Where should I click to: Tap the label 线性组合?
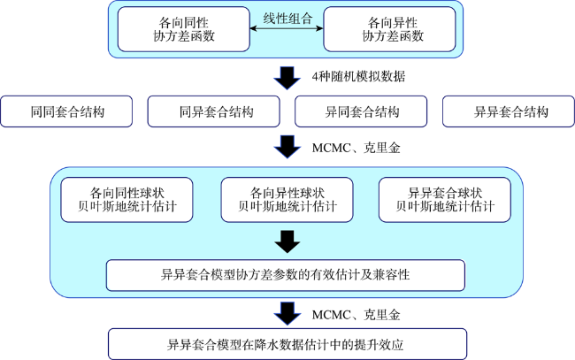pos(287,19)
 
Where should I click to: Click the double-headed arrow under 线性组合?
pos(287,32)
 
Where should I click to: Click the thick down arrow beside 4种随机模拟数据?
pos(287,77)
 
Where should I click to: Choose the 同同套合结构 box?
pos(66,112)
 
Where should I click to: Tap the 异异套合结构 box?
pos(510,112)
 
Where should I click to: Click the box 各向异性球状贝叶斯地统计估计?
pos(287,200)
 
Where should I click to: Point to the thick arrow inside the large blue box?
pos(287,241)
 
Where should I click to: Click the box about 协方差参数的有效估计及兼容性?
pos(287,275)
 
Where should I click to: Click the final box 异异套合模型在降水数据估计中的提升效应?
pos(287,343)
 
